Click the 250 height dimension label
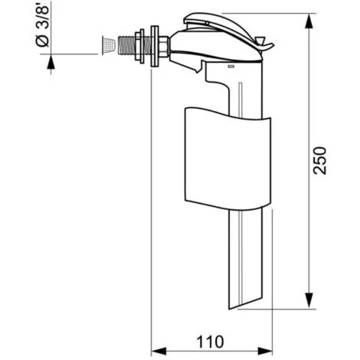[x=320, y=161]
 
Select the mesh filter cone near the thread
[x=108, y=45]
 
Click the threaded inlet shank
[x=126, y=45]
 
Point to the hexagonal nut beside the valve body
[x=163, y=47]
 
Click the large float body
[x=227, y=159]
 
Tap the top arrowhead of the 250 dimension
[x=309, y=21]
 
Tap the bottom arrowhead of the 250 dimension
[x=309, y=301]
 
